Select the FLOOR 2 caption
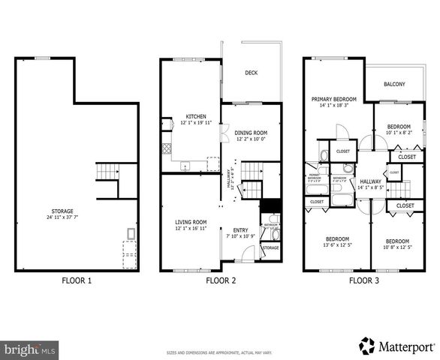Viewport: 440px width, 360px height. pyautogui.click(x=221, y=281)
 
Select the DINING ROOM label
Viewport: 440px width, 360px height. pyautogui.click(x=251, y=132)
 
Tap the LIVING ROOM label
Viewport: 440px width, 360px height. pyautogui.click(x=191, y=222)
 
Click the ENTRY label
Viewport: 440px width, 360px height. pyautogui.click(x=240, y=229)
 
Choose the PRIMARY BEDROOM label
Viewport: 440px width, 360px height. pyautogui.click(x=334, y=99)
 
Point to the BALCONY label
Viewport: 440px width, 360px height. pyautogui.click(x=394, y=84)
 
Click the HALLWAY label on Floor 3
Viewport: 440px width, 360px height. pyautogui.click(x=370, y=181)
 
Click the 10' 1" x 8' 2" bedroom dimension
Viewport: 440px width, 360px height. pyautogui.click(x=399, y=133)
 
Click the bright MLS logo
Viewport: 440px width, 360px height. pyautogui.click(x=30, y=349)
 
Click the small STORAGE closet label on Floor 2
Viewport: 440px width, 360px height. pyautogui.click(x=270, y=247)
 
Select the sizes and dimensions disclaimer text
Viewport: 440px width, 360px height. pyautogui.click(x=220, y=352)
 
